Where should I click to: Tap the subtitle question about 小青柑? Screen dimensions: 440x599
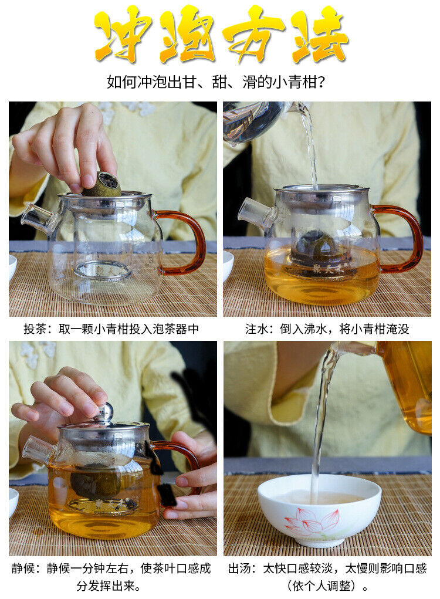216,82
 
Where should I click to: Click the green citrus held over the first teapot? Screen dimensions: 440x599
102,185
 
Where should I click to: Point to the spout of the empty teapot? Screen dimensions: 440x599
38,218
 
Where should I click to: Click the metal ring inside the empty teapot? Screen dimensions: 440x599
102,270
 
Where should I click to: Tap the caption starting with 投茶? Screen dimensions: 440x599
111,329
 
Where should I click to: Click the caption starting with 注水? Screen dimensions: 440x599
327,329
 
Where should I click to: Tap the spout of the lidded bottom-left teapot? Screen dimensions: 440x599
38,451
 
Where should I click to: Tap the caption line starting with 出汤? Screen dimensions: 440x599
327,568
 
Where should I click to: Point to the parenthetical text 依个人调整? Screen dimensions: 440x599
327,586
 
